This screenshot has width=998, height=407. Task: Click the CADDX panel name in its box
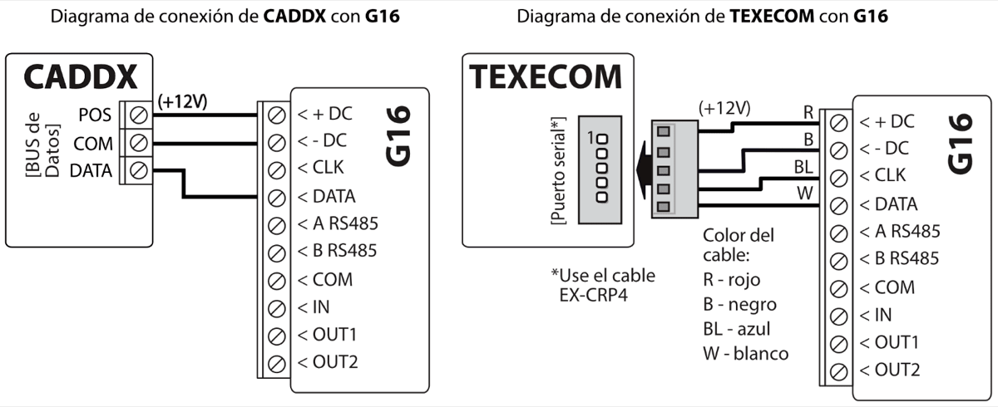click(80, 76)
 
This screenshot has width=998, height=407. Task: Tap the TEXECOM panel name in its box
click(546, 76)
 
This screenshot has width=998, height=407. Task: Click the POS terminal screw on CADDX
click(139, 114)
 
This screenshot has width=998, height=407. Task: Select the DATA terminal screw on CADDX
click(139, 172)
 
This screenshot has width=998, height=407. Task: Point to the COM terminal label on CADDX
click(93, 144)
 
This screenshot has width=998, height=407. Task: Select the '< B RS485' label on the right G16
click(899, 259)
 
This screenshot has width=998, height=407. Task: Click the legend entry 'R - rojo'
click(731, 280)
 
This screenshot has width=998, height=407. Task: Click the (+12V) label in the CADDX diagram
click(182, 101)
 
